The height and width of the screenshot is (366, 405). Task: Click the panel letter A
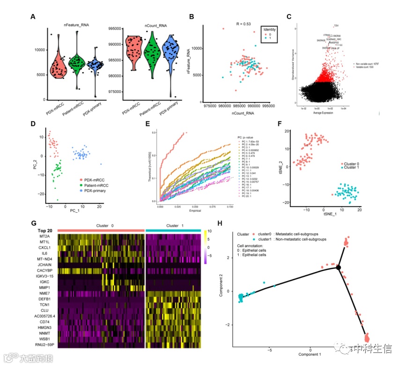[x=33, y=17]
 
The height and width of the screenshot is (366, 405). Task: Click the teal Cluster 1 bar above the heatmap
[x=174, y=230]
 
